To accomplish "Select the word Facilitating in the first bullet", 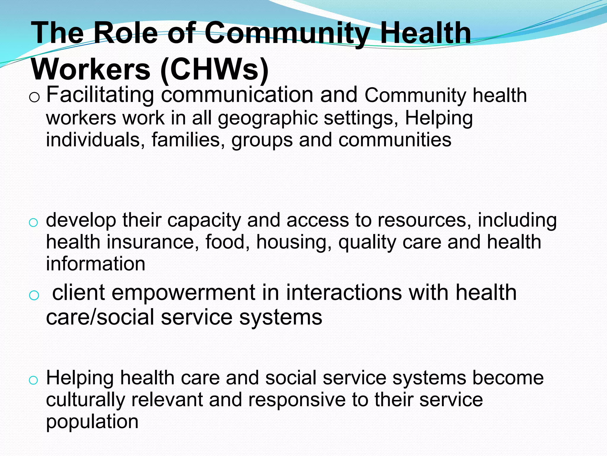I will tap(100, 95).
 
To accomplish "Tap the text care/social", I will tap(100, 317).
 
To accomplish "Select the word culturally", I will tap(85, 400).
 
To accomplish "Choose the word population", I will tap(92, 422).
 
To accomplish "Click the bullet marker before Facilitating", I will tap(34, 97).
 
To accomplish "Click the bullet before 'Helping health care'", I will tap(33, 380).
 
